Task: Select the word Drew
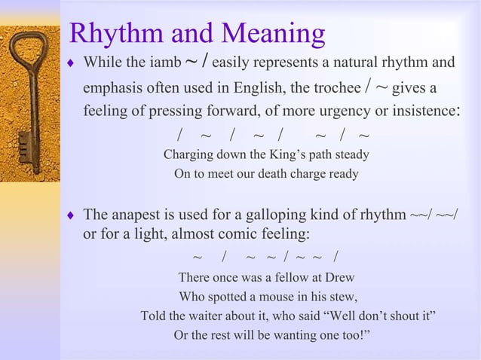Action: coord(339,276)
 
